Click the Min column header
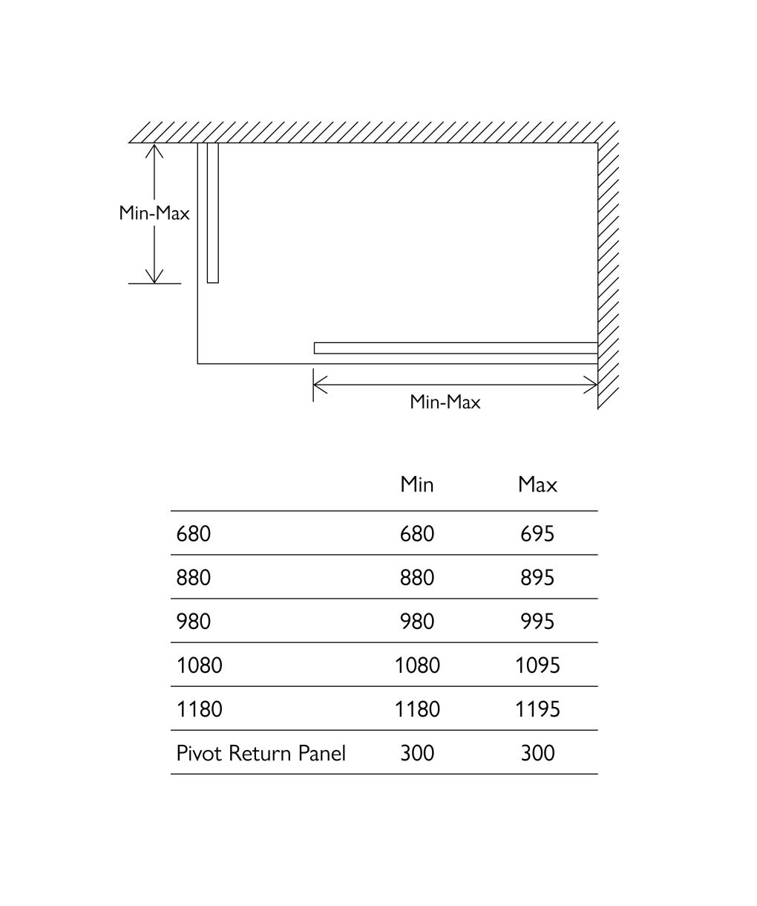tap(416, 484)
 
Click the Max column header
tap(537, 484)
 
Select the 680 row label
tap(194, 533)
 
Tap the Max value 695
tap(537, 533)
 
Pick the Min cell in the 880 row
tap(416, 578)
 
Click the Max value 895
tap(537, 578)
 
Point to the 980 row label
tap(194, 622)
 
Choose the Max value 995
tap(537, 622)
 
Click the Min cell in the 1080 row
tap(417, 665)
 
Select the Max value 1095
tap(537, 665)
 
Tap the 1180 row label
tap(200, 709)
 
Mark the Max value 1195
tap(537, 709)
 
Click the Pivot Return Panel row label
tap(261, 753)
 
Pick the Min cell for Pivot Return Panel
tap(416, 753)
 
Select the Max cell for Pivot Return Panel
tap(537, 753)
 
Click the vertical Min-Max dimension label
tap(154, 213)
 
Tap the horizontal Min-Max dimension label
tap(445, 403)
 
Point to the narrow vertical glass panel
tap(212, 212)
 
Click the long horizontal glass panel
tap(456, 348)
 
